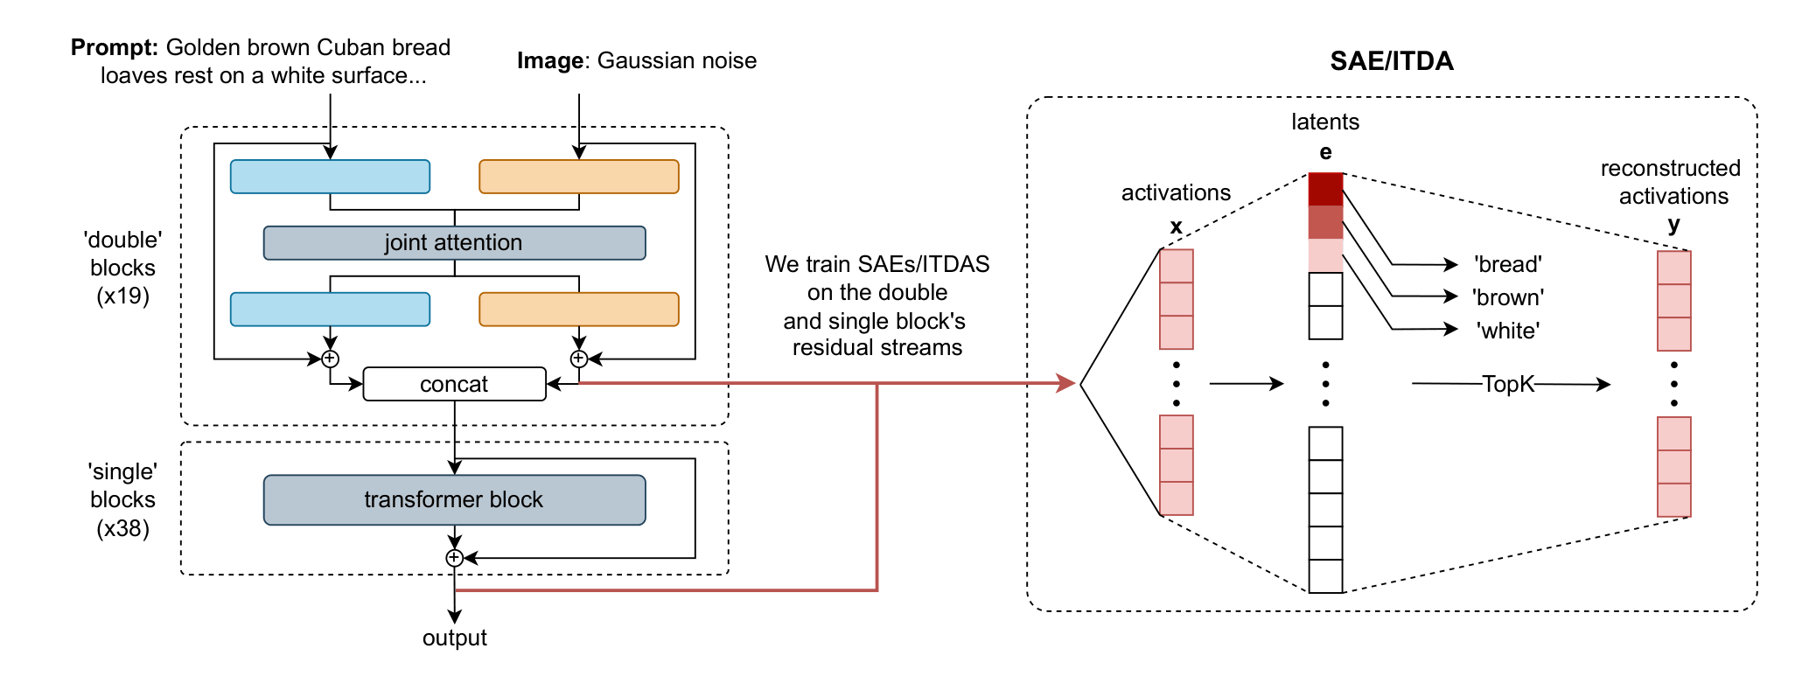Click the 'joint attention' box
[x=454, y=242]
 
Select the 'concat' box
[x=454, y=384]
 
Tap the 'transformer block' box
[x=454, y=499]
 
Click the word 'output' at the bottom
[x=454, y=638]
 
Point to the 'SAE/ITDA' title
[x=1392, y=60]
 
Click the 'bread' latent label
[x=1507, y=264]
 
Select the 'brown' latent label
[x=1508, y=297]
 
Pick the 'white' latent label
[x=1507, y=331]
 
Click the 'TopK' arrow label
[x=1508, y=384]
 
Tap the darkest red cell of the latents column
[x=1325, y=189]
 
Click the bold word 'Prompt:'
[x=115, y=47]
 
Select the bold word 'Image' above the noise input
[x=550, y=61]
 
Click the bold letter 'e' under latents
[x=1326, y=152]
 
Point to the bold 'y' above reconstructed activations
[x=1673, y=225]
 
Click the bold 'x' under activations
[x=1177, y=227]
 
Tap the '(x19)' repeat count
[x=122, y=296]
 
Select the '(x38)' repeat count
[x=122, y=528]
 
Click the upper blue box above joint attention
[x=330, y=177]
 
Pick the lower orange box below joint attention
[x=579, y=310]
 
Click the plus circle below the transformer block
[x=454, y=558]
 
